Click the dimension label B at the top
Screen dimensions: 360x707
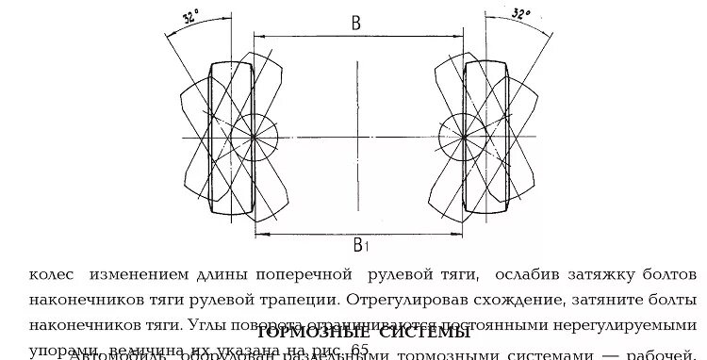pyautogui.click(x=356, y=24)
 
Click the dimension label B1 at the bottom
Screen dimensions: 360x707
pyautogui.click(x=359, y=245)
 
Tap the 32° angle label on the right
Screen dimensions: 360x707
pyautogui.click(x=520, y=14)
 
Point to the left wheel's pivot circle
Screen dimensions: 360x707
pyautogui.click(x=254, y=138)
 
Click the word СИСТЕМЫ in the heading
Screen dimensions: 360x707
pyautogui.click(x=425, y=333)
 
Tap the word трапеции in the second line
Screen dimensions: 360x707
pyautogui.click(x=300, y=301)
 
